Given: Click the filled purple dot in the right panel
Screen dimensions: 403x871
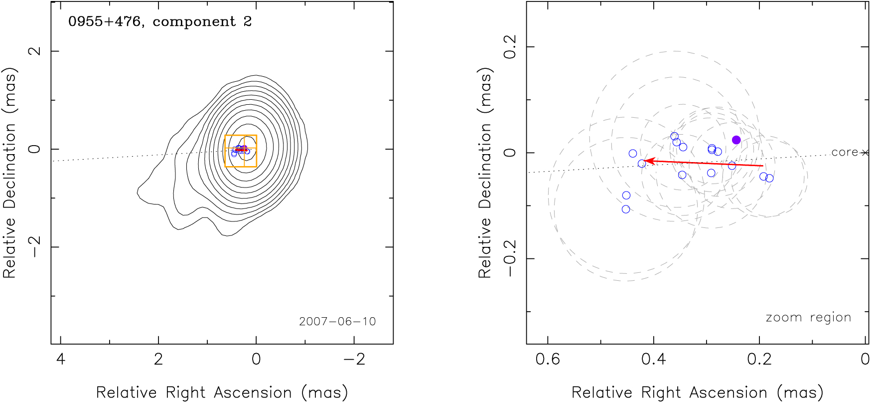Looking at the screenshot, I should (736, 140).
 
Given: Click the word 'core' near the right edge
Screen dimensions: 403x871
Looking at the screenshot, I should (845, 153).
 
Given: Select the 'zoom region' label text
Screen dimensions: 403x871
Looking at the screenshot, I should (808, 318).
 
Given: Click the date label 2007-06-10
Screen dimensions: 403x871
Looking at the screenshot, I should (337, 322).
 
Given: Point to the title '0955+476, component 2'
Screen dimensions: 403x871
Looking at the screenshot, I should (160, 22).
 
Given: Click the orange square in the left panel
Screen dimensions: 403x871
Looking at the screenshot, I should (241, 151).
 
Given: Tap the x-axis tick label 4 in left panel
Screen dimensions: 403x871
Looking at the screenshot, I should (61, 359).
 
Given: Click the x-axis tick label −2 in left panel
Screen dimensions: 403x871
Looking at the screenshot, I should (354, 359).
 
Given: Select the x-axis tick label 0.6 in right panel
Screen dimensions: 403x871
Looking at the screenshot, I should (548, 359).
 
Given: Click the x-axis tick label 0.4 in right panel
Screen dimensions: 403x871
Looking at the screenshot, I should (654, 359).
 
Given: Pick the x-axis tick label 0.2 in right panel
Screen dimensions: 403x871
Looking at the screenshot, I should (759, 359).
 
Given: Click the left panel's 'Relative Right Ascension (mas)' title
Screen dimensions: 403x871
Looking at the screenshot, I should (222, 393).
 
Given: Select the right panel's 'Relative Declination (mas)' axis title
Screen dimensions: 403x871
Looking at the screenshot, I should (485, 173).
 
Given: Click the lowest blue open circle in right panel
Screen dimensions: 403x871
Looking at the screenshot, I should (626, 209).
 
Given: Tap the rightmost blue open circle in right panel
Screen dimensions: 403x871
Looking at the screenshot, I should (769, 179).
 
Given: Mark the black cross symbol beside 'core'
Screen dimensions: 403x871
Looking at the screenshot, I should (865, 153).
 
